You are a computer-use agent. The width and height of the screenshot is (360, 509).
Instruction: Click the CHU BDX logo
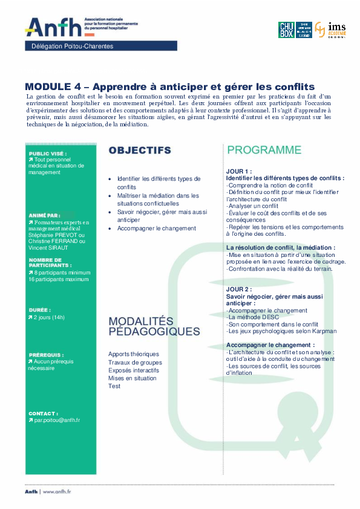click(x=286, y=30)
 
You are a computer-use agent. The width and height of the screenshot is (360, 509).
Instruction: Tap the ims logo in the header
click(x=332, y=29)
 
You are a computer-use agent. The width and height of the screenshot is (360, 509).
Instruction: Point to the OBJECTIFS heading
click(x=139, y=150)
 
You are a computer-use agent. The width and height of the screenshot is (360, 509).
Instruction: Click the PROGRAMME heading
click(x=264, y=150)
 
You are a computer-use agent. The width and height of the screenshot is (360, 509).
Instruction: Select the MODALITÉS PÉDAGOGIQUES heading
click(x=154, y=326)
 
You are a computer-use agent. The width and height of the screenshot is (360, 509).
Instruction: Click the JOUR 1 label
click(x=238, y=171)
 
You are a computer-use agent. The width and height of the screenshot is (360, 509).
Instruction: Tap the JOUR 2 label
click(x=238, y=290)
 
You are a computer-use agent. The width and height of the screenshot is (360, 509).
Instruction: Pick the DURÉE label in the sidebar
click(x=39, y=310)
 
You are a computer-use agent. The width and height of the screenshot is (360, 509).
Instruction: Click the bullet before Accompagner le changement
click(x=110, y=229)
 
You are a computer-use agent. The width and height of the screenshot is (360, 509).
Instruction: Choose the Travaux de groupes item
click(x=132, y=362)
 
